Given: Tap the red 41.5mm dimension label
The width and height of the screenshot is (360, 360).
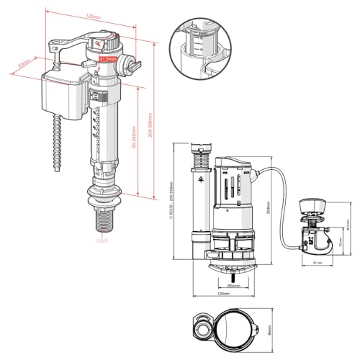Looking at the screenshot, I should point(108,59).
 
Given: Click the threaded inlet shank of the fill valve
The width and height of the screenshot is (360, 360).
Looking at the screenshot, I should point(102,215).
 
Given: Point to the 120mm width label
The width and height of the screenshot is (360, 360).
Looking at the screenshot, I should point(223,294).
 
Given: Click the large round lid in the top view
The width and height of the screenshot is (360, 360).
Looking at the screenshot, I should point(233,329).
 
